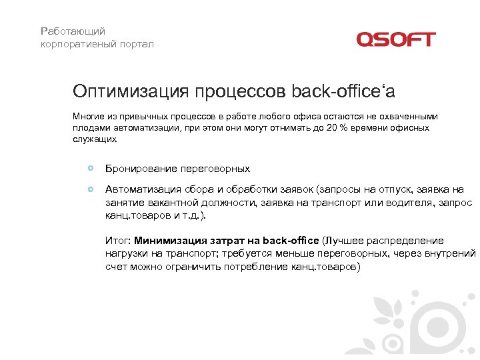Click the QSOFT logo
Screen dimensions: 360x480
point(395,39)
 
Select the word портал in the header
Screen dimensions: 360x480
point(136,44)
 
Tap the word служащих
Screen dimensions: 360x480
point(95,139)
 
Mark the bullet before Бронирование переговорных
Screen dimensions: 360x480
point(91,167)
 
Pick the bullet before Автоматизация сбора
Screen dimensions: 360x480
point(91,189)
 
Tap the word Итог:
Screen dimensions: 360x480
point(119,241)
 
